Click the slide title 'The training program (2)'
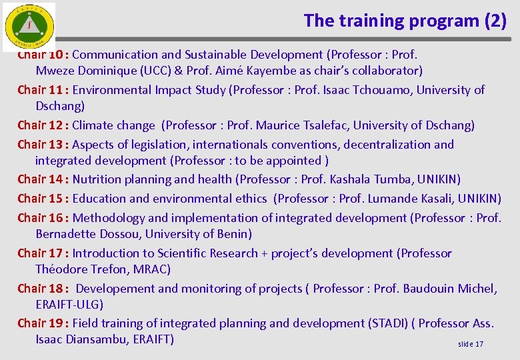(405, 21)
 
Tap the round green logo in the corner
(29, 26)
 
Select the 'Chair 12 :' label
(43, 125)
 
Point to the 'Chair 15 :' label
(43, 199)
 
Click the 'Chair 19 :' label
(43, 323)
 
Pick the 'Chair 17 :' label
(43, 253)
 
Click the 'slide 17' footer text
(471, 344)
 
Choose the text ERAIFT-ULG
(69, 305)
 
